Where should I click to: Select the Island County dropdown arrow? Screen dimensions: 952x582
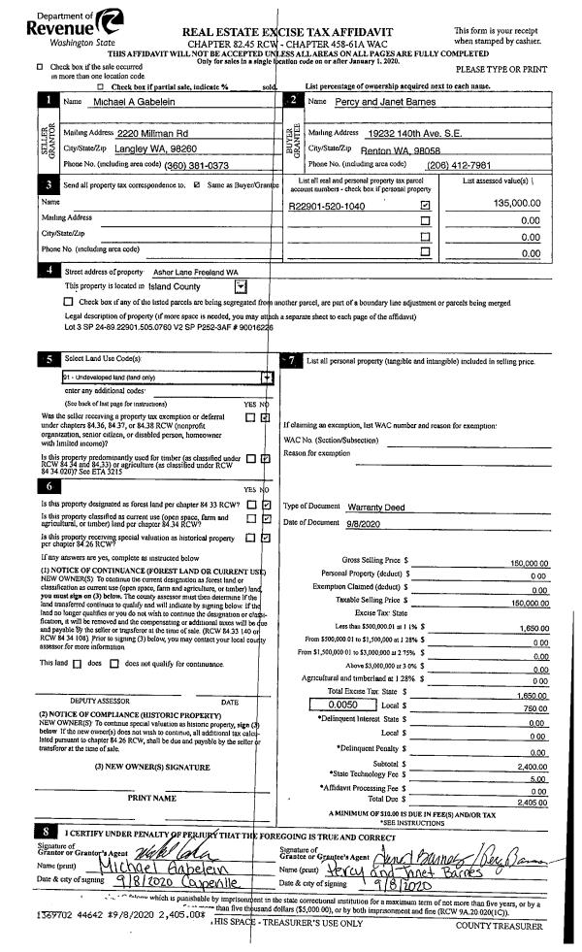(x=240, y=286)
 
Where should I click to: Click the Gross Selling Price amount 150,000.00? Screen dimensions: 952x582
(x=530, y=562)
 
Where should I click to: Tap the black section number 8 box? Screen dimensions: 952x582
(x=47, y=832)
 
